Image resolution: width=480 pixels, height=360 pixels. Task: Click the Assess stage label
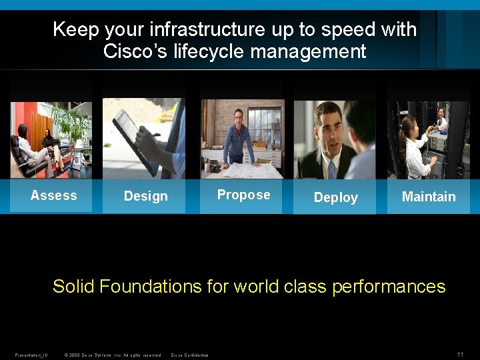click(54, 195)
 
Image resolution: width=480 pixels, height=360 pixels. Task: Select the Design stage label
click(145, 196)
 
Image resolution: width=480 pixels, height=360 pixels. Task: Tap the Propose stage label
click(244, 195)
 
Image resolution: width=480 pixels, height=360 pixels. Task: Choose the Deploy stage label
click(335, 197)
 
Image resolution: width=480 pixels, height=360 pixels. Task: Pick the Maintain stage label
click(429, 197)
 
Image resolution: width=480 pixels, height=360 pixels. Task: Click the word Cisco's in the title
click(136, 51)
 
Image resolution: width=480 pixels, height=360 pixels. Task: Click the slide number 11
click(460, 354)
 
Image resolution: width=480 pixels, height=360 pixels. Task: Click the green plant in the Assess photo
click(71, 123)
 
